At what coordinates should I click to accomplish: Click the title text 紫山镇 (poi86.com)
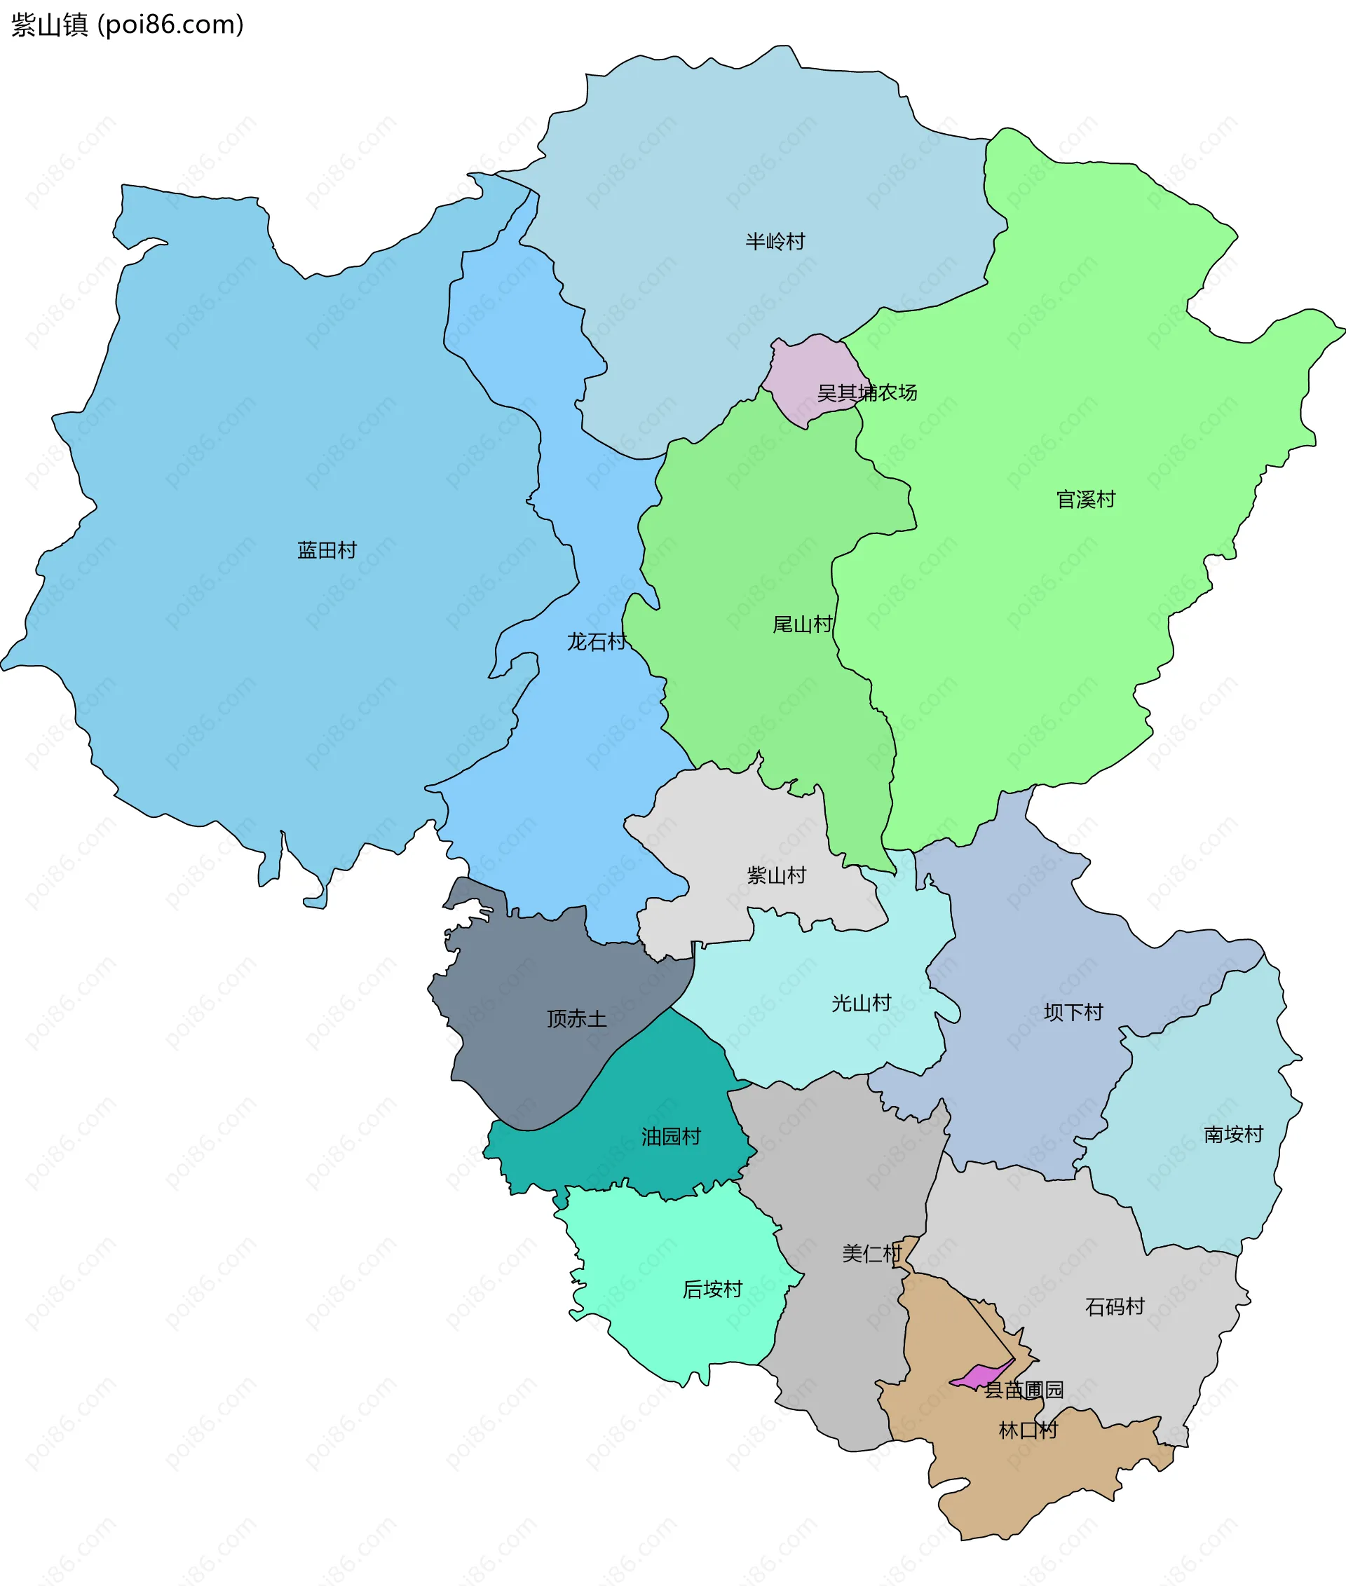[128, 25]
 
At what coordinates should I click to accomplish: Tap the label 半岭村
[775, 242]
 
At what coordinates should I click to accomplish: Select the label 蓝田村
[327, 550]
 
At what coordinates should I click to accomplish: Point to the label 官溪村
[1086, 500]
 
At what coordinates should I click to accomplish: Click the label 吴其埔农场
[866, 393]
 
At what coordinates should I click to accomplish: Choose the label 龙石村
[597, 641]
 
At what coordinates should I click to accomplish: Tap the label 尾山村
[803, 624]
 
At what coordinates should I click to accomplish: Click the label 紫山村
[776, 875]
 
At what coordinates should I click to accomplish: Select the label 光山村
[862, 1003]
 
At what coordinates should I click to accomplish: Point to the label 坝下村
[1073, 1012]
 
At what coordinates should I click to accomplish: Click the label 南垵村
[1234, 1135]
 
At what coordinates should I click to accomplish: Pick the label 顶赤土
[577, 1019]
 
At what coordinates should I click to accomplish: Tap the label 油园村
[671, 1137]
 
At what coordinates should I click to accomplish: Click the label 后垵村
[713, 1290]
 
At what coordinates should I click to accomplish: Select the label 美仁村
[872, 1253]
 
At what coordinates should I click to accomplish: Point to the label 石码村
[1115, 1307]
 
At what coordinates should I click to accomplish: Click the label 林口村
[1028, 1430]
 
